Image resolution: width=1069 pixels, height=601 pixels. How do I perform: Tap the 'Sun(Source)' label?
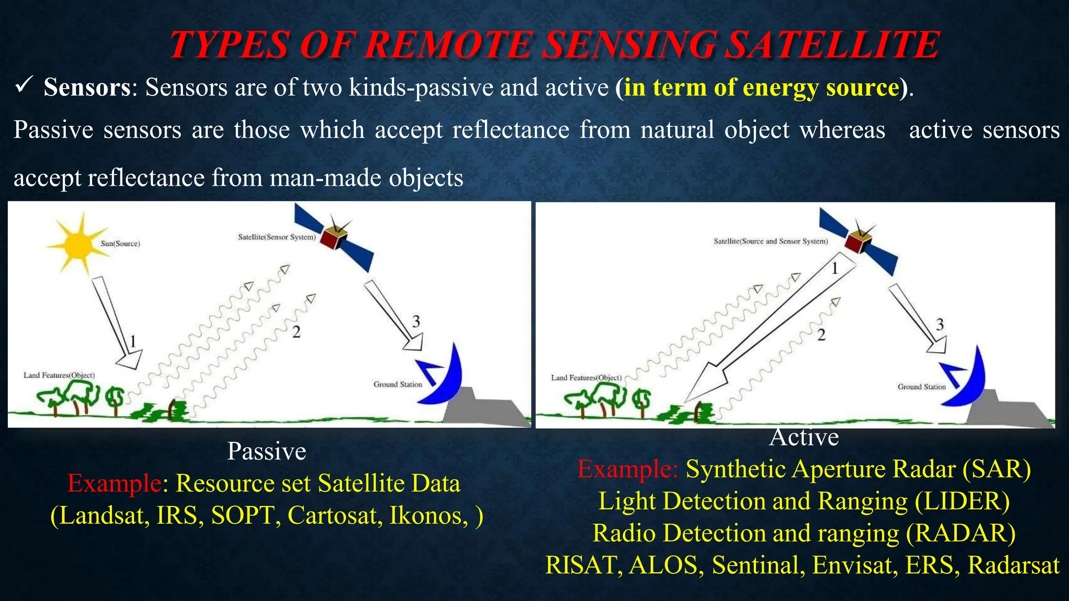coord(120,244)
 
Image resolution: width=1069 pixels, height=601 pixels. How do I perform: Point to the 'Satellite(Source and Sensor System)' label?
coord(770,242)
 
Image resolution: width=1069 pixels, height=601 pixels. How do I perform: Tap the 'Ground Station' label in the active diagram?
coord(921,387)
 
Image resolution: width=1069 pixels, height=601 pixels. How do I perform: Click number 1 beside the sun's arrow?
coord(133,342)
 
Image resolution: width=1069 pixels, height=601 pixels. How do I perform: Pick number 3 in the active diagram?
coord(940,324)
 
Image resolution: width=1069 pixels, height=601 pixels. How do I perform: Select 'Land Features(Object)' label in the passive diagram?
coord(59,376)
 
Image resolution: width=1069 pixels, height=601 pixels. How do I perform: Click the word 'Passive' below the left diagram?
coord(266,451)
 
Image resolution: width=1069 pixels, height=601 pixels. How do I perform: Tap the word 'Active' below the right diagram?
coord(804,437)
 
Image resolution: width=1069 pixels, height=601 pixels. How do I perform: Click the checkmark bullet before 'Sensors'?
coord(25,84)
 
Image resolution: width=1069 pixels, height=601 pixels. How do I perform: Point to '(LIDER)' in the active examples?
coord(962,501)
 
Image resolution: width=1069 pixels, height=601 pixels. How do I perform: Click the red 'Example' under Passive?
coord(114,484)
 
